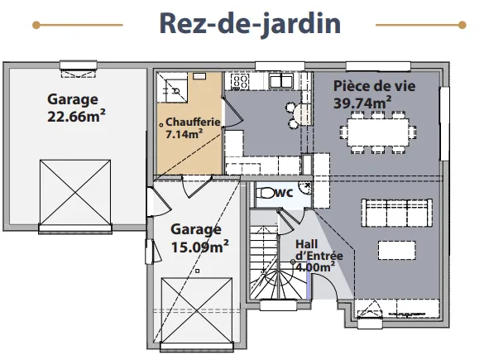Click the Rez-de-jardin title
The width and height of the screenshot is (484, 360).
coord(250,24)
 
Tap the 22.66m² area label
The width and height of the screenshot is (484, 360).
coord(76,116)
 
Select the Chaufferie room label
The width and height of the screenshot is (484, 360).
coord(193,122)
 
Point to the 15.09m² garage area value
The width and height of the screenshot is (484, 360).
coord(199,247)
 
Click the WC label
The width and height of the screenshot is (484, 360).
coord(285,193)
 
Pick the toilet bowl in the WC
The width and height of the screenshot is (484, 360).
coord(266,193)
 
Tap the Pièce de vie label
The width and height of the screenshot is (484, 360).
coord(375,86)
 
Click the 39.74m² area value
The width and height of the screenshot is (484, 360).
coord(362,103)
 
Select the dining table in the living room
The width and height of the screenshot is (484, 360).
coord(378,132)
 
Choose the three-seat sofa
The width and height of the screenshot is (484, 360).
coord(396,213)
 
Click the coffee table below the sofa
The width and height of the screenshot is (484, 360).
coord(396,250)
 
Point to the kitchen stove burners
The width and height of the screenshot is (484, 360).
coord(240,81)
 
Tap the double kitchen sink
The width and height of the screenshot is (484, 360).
coord(281,81)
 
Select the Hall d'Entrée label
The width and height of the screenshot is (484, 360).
coord(319,250)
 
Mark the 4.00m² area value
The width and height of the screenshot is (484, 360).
coord(315,266)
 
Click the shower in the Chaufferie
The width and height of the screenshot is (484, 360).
coord(172,88)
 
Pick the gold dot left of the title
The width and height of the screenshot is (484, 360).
coord(36,25)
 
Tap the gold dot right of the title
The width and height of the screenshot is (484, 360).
coord(462,25)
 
